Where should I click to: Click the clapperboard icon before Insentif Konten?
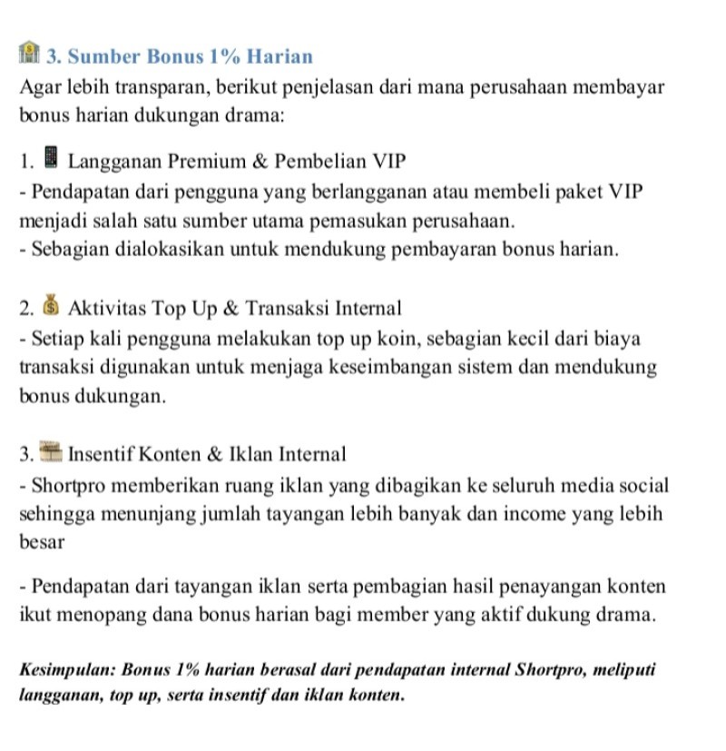(51, 451)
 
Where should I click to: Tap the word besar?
(41, 543)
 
